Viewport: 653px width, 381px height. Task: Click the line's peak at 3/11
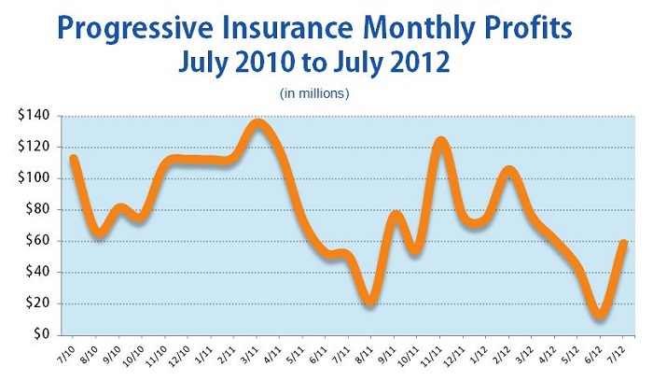click(x=258, y=123)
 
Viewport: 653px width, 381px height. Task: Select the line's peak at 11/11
click(x=441, y=142)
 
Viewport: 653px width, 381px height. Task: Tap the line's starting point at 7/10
click(x=73, y=158)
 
